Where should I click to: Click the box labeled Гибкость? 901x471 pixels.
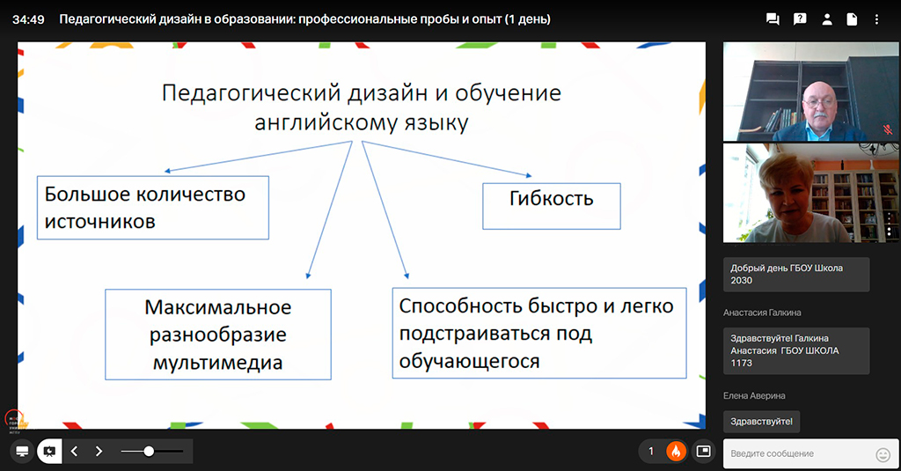coord(551,206)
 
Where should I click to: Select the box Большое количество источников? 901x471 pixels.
coord(153,208)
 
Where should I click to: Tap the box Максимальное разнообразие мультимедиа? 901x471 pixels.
coord(218,335)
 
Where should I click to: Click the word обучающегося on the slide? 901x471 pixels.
coord(470,362)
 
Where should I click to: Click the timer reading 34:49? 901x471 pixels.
coord(28,19)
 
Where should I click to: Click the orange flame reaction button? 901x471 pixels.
coord(676,452)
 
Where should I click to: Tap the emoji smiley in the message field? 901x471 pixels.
coord(883,455)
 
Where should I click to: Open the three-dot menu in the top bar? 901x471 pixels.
coord(876,19)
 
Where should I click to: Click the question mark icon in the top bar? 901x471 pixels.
coord(799,19)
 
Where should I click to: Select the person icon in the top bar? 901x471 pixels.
coord(827,19)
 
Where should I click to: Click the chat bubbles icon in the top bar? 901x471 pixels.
coord(773,19)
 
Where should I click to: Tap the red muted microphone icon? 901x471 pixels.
coord(888,129)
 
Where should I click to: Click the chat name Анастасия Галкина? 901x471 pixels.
coord(762,313)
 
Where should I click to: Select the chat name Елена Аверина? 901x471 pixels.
coord(754,395)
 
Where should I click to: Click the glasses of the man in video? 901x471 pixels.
coord(819,102)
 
